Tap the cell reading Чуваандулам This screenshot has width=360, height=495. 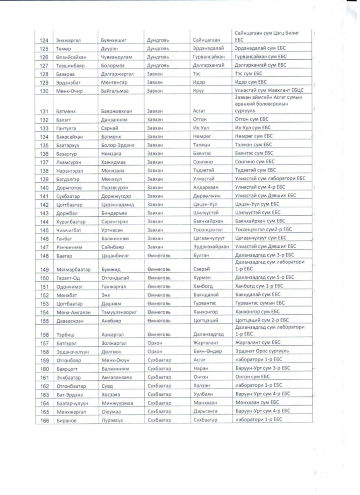[x=116, y=57]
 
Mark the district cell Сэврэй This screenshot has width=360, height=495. [x=202, y=269]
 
